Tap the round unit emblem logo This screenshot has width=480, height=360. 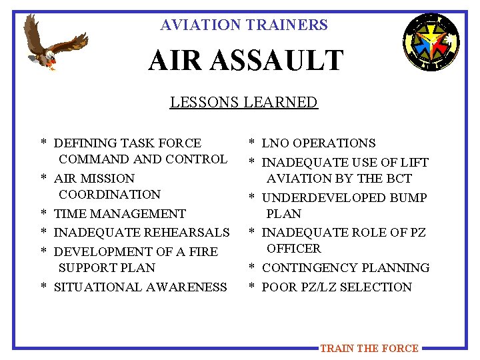pos(431,43)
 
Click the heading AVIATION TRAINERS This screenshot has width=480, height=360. pos(244,25)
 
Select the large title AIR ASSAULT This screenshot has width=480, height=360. pos(245,61)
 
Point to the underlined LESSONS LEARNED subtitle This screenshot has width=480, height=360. pos(243,103)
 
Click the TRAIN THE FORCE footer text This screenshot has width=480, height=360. pos(369,348)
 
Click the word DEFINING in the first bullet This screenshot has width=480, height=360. pos(82,143)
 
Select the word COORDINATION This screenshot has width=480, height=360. pos(110,195)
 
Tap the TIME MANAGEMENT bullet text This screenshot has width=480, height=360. pos(120,214)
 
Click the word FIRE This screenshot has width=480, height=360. pos(205,252)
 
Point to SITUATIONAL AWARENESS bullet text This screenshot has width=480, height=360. pos(141,287)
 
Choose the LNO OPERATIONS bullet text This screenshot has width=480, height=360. pos(319,143)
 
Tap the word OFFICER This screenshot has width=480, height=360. pos(294,249)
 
